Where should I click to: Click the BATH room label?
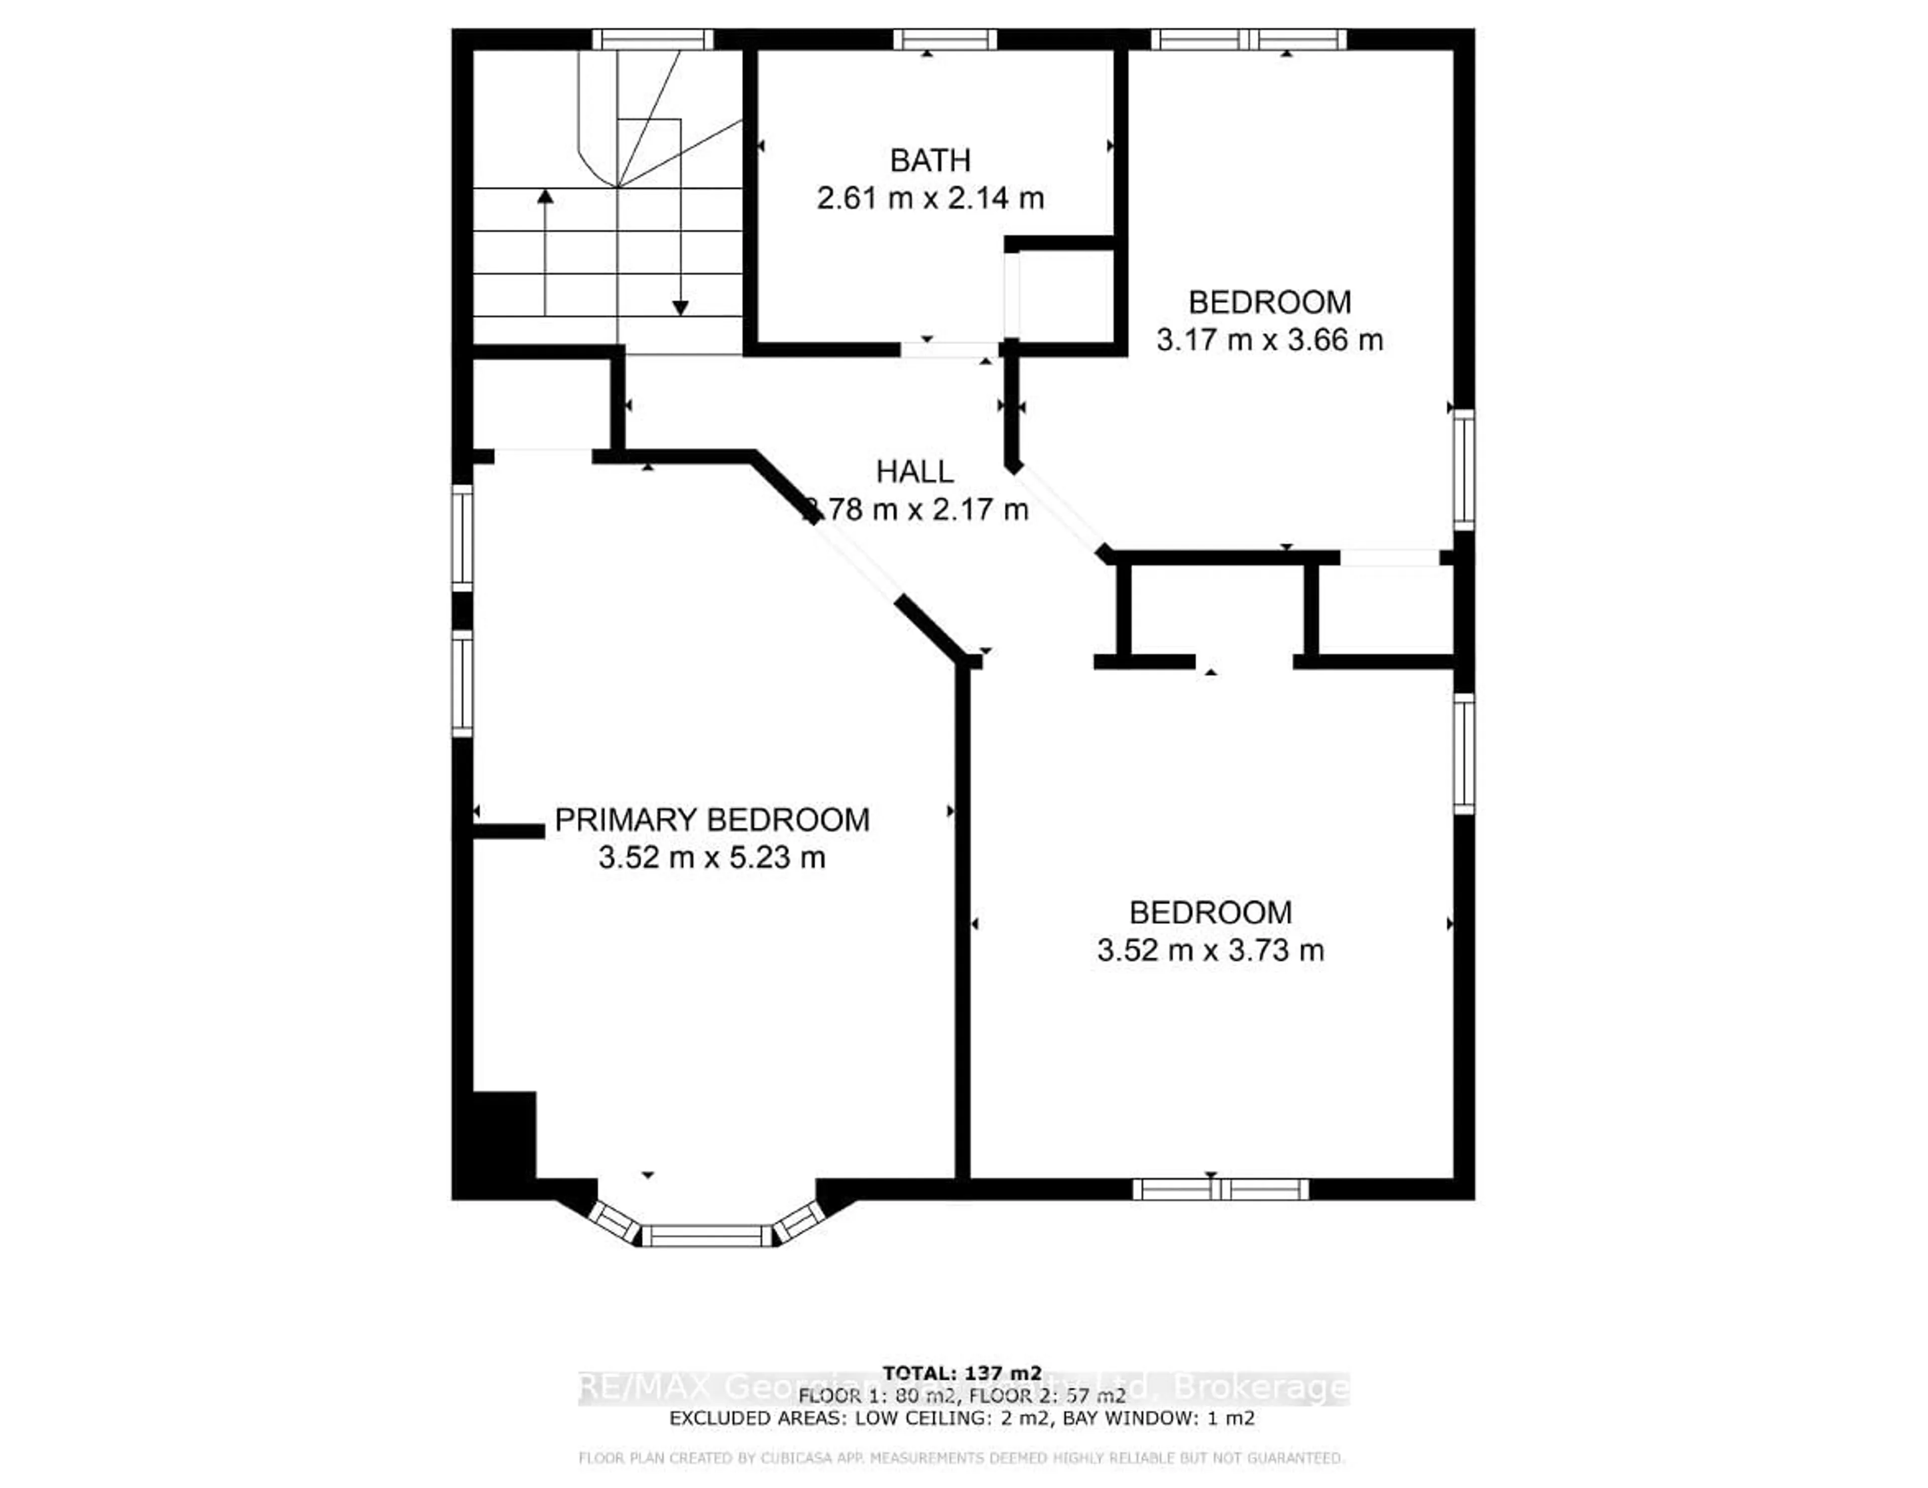[929, 161]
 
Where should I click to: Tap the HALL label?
[915, 472]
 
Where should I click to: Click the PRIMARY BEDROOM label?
[711, 821]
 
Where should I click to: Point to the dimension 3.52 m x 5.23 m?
[711, 857]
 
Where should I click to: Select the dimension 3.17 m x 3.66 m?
[1269, 340]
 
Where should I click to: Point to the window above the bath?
[944, 40]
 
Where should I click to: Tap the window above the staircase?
[652, 40]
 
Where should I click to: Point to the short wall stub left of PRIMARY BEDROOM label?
[508, 831]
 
